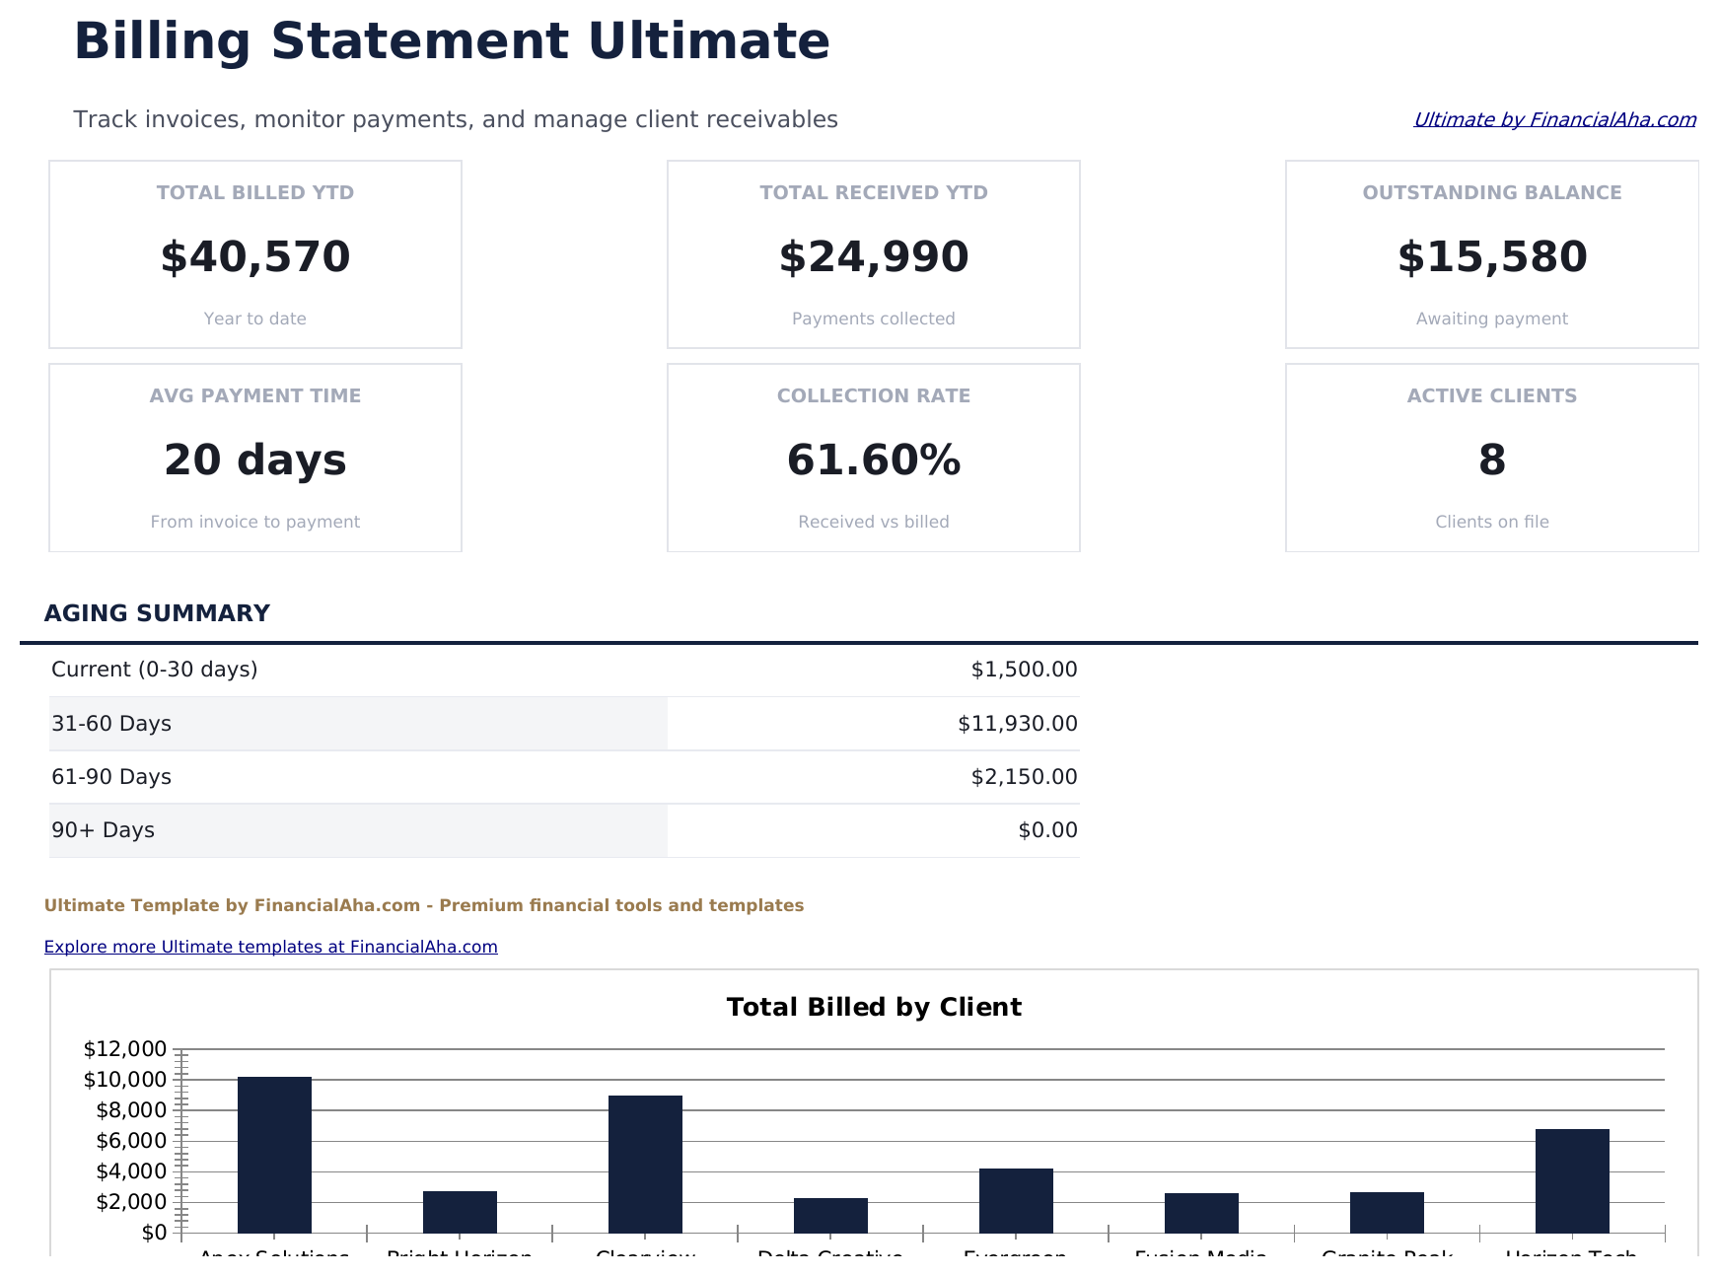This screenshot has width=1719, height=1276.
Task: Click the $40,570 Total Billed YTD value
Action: click(x=254, y=257)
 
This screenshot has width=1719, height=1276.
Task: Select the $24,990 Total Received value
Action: click(x=873, y=257)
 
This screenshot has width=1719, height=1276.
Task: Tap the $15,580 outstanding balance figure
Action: click(x=1491, y=257)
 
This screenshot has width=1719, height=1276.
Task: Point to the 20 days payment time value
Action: click(x=254, y=461)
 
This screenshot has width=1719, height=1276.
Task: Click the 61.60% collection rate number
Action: click(x=873, y=461)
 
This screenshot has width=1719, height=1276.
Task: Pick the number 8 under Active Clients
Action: click(x=1491, y=461)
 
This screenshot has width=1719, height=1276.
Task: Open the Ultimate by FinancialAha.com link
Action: click(x=1554, y=119)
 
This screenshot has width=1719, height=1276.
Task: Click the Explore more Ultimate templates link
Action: click(x=270, y=947)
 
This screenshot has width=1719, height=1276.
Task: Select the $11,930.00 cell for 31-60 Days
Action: click(x=1017, y=724)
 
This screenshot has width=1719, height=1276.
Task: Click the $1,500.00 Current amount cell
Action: click(x=1024, y=670)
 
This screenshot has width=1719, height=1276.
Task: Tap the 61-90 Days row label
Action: click(x=111, y=777)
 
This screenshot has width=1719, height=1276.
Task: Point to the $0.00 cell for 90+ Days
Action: click(x=1047, y=830)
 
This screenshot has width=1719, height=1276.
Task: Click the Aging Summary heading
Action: click(x=157, y=613)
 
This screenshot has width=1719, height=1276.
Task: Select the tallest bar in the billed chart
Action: click(x=274, y=1154)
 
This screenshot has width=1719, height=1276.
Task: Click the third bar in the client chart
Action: click(x=645, y=1164)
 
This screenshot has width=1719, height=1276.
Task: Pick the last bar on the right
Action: click(x=1572, y=1180)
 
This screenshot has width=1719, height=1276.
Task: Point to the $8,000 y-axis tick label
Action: click(x=131, y=1110)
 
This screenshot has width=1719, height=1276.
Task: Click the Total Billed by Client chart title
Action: click(x=873, y=1007)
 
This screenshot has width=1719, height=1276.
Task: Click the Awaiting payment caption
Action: click(x=1491, y=319)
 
